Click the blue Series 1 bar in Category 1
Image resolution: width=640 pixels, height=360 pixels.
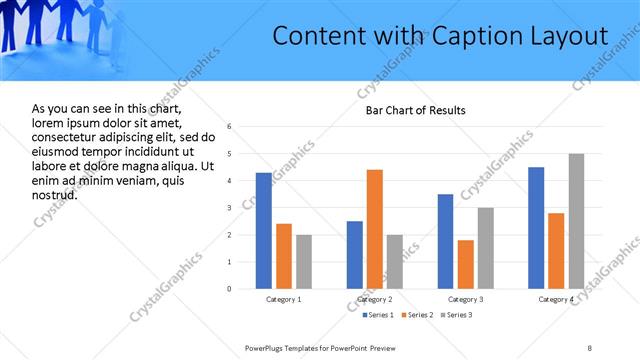[264, 231]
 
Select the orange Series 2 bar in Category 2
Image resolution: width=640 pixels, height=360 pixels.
[375, 229]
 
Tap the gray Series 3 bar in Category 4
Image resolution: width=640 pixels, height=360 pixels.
[576, 221]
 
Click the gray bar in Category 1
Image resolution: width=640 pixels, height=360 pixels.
[304, 262]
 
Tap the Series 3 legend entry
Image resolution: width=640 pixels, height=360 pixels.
[456, 315]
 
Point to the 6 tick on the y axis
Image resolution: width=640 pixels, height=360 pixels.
[230, 127]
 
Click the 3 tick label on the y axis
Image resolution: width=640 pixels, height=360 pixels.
[230, 208]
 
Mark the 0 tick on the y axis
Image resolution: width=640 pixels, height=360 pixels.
[230, 289]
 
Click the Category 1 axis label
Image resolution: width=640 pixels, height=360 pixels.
[284, 299]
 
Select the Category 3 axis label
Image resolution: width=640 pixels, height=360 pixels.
[465, 299]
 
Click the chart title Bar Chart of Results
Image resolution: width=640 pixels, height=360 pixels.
[415, 110]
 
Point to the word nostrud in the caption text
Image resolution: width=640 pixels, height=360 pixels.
[54, 194]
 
